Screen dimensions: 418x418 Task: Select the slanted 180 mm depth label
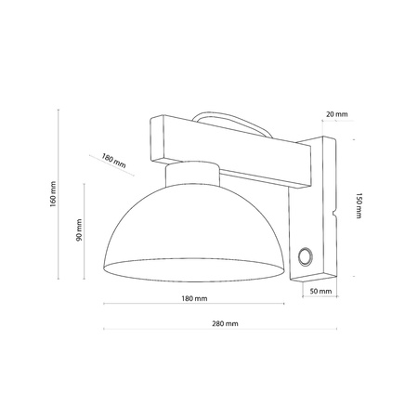click(115, 161)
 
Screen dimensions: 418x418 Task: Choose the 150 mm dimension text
click(359, 206)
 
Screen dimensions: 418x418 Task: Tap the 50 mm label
click(319, 292)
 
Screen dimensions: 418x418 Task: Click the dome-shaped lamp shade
click(190, 232)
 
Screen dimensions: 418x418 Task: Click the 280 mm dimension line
click(223, 332)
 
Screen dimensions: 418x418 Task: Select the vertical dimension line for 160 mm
click(61, 195)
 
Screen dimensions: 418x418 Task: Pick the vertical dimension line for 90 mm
click(86, 232)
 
